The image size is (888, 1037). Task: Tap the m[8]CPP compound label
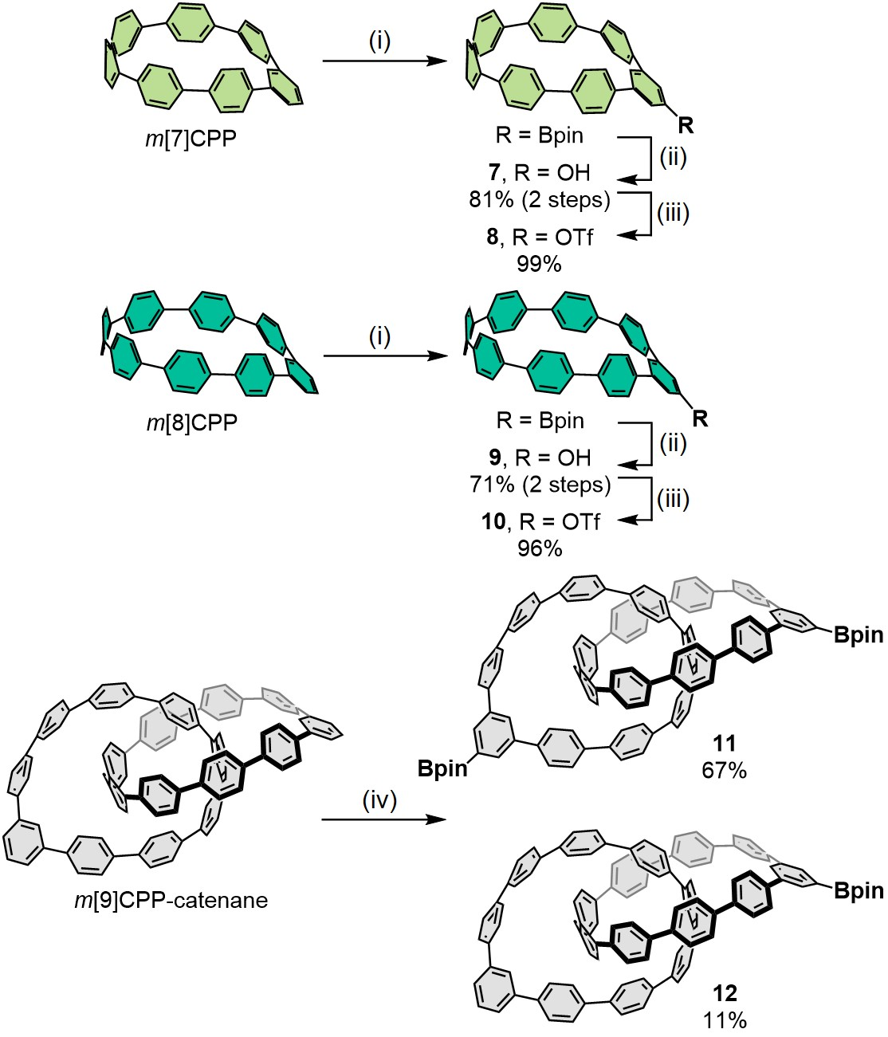pos(191,422)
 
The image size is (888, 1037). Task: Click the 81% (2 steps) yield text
pos(540,200)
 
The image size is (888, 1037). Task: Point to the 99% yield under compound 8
pos(540,264)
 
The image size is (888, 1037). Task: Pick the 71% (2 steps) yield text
pos(540,484)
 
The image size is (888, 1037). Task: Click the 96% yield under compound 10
pos(540,548)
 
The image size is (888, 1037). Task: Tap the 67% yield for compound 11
pos(724,770)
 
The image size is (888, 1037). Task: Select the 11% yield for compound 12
pos(724,1019)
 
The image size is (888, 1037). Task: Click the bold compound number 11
pos(724,745)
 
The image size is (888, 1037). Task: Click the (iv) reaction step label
pos(379,799)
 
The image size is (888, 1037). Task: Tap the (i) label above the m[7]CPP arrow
pos(379,41)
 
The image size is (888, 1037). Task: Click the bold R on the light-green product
pos(686,125)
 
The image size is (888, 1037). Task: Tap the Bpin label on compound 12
pos(859,890)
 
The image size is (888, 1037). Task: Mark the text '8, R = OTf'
pos(540,238)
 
